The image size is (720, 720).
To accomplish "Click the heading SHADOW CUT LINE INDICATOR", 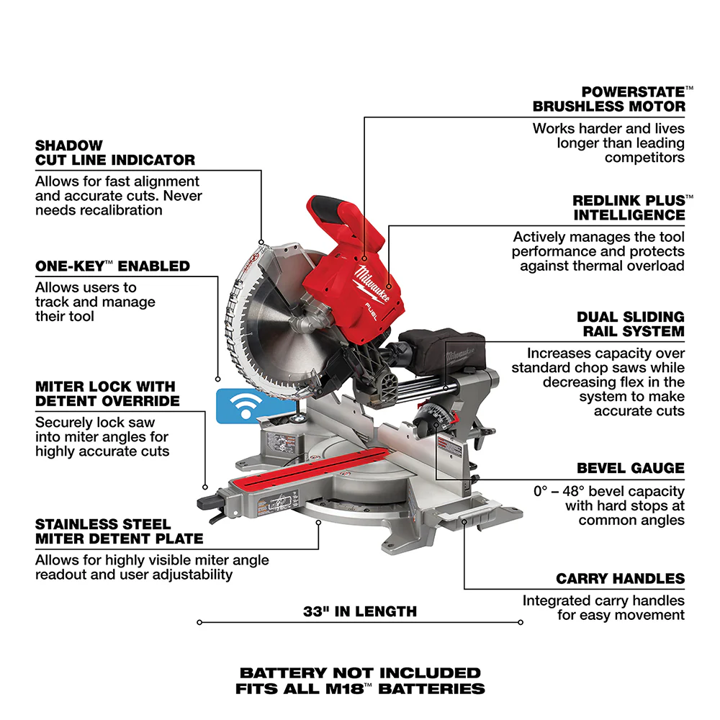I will (x=115, y=153).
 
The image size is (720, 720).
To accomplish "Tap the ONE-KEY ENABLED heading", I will (x=112, y=266).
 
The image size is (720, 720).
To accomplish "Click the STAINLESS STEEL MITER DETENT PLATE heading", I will (x=119, y=531).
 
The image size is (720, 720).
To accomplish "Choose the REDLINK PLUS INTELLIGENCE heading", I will (x=629, y=207).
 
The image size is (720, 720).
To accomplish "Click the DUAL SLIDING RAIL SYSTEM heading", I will (x=631, y=324).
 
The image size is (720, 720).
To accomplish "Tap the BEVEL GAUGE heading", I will (x=631, y=468).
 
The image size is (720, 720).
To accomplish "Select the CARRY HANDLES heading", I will (x=620, y=579).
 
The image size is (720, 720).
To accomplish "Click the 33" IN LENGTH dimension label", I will (x=360, y=612).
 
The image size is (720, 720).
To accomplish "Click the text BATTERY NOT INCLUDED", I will (x=360, y=673).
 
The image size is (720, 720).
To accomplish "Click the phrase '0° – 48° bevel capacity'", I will (x=609, y=491).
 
